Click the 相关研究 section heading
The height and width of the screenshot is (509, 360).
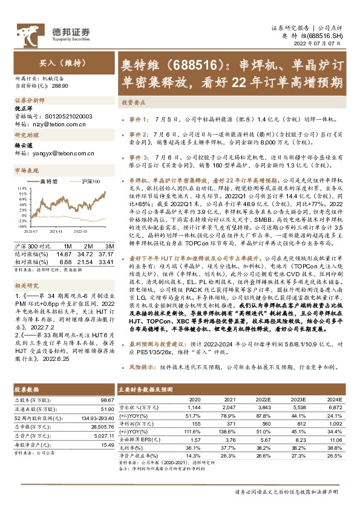(x=26, y=284)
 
